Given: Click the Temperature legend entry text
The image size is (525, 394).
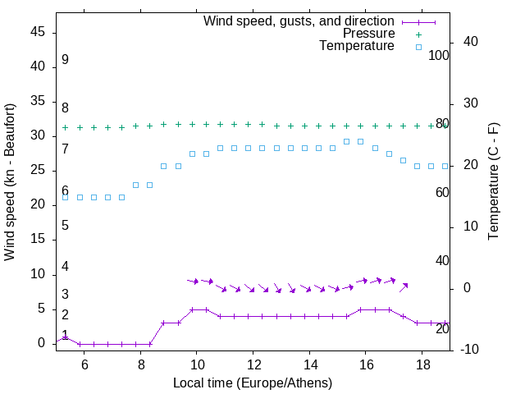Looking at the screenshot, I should [357, 47].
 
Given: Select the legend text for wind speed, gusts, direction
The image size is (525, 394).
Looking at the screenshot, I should [299, 21].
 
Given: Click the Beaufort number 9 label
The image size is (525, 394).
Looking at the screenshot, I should [65, 60].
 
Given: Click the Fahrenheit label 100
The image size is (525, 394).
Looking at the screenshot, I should [440, 56].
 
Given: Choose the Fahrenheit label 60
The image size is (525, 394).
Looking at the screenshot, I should [443, 192].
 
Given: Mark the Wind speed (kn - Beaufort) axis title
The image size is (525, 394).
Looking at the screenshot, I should [11, 182].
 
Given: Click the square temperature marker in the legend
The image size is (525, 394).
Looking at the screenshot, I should [418, 48].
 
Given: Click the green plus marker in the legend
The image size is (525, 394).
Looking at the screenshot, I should [418, 34].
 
